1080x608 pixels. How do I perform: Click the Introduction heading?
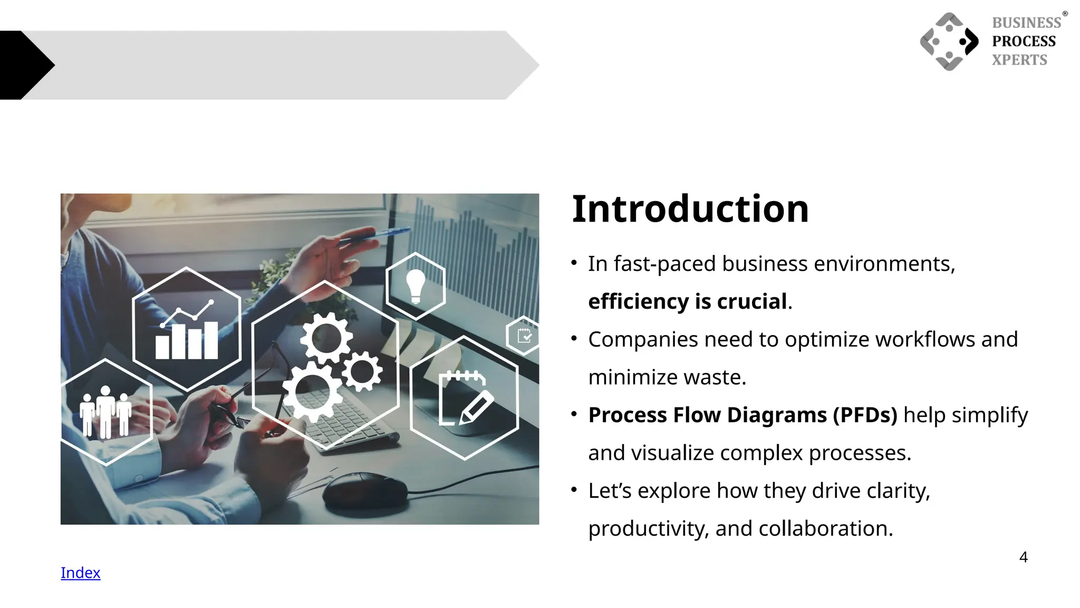coord(690,209)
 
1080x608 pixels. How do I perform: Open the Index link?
coord(80,573)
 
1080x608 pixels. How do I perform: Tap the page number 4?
coord(1023,557)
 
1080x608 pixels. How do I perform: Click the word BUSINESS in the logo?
coord(1026,23)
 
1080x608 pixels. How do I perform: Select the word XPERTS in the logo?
coord(1019,60)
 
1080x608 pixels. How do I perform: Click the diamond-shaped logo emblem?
coord(949,42)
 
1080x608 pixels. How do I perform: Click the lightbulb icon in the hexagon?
coord(416,286)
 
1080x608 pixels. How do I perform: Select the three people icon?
coord(105,412)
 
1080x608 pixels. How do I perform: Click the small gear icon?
coord(362,372)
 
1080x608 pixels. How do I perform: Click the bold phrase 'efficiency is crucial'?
coord(687,301)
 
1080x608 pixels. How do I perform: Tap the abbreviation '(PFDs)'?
coord(865,415)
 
